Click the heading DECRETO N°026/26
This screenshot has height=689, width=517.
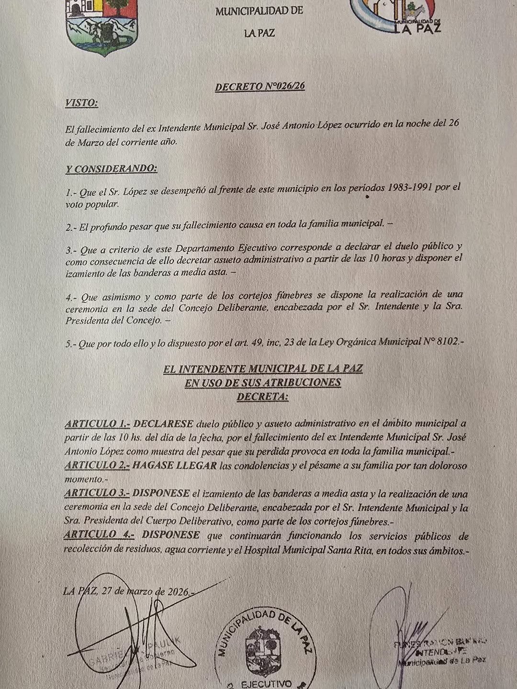click(x=260, y=87)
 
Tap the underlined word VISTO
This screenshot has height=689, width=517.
click(x=82, y=103)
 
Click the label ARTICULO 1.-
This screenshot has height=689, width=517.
click(x=97, y=424)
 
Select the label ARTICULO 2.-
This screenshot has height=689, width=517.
click(x=97, y=466)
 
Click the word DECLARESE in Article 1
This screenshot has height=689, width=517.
click(x=164, y=424)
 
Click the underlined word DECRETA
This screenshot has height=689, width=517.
click(x=263, y=396)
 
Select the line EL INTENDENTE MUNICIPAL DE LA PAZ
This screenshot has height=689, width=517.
click(x=263, y=369)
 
